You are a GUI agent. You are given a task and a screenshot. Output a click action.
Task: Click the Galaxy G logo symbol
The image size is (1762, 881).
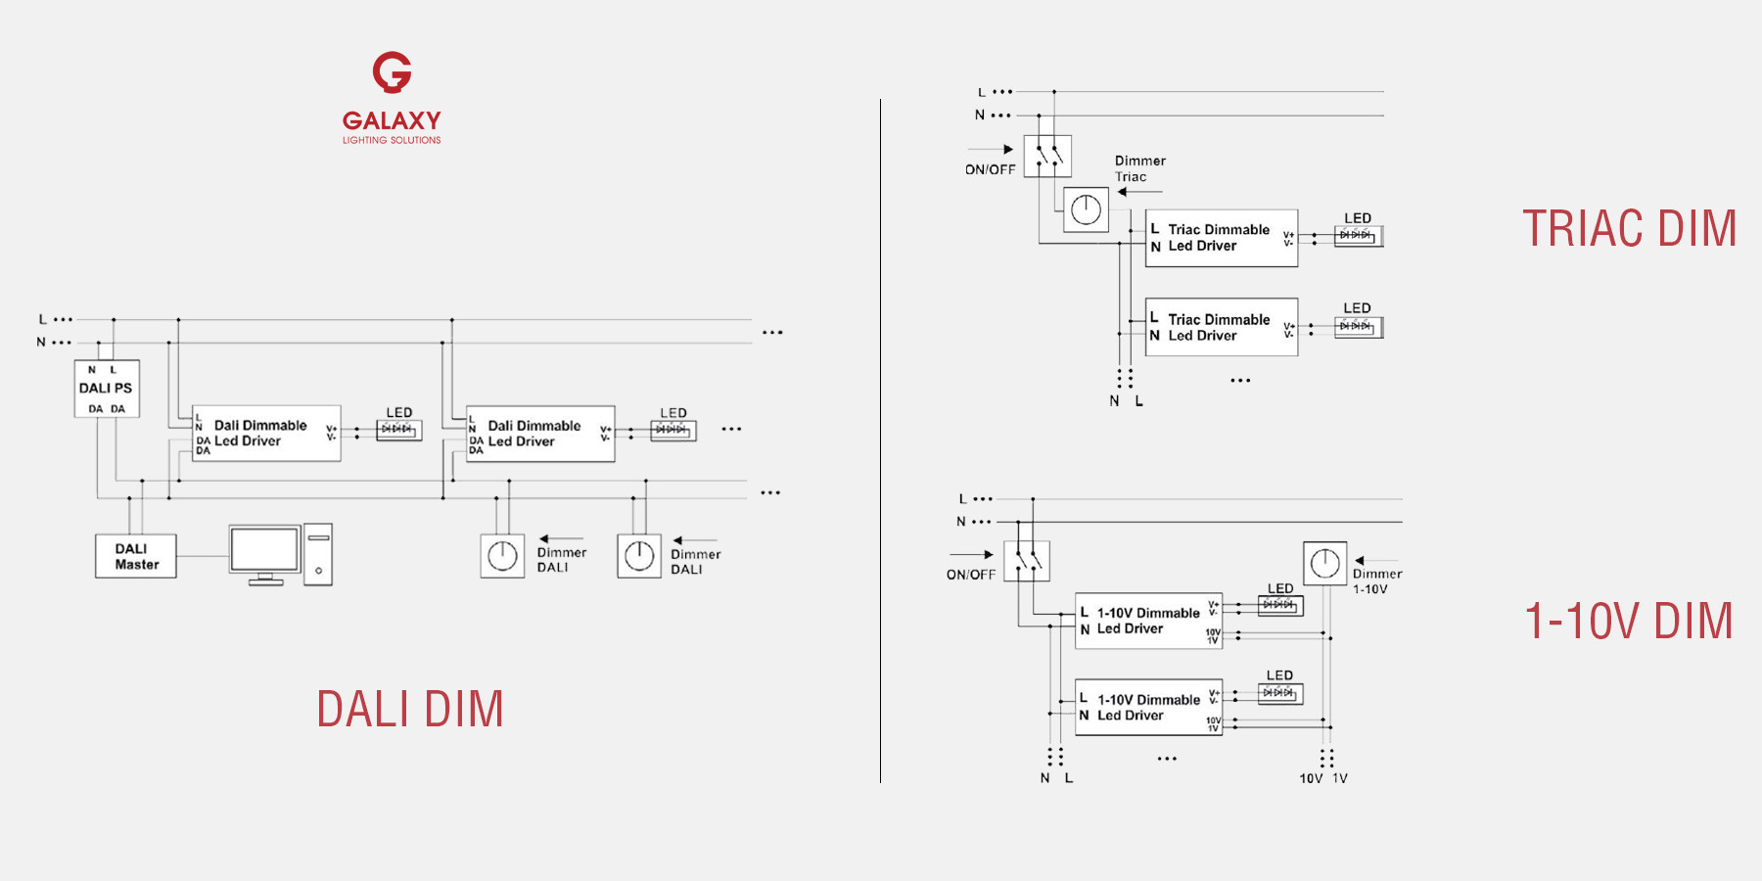392,72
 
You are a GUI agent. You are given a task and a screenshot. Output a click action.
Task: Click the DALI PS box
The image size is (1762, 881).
107,389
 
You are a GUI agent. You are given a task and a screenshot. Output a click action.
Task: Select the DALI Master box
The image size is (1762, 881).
136,556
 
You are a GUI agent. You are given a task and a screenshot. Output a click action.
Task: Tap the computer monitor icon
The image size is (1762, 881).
264,553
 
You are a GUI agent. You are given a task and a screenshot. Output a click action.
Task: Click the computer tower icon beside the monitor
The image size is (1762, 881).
318,555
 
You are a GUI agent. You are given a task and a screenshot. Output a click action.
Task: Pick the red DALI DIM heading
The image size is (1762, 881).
410,709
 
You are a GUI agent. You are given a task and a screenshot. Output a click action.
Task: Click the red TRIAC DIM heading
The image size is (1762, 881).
1629,229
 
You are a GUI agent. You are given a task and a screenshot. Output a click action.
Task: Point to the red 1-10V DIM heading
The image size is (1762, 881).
1629,622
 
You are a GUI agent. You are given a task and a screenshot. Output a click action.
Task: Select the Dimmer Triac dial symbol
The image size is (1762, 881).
1086,209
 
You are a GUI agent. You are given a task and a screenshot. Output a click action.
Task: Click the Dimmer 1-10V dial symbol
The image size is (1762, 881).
1324,564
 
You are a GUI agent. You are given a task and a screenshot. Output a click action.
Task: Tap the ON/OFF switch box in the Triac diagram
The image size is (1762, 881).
1047,156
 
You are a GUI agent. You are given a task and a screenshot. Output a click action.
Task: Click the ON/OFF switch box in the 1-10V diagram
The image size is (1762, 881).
1027,561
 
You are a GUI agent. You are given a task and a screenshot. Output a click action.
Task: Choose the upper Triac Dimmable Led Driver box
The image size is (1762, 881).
1222,238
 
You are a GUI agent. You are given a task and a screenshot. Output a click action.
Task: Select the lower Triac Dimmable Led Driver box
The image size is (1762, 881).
1222,327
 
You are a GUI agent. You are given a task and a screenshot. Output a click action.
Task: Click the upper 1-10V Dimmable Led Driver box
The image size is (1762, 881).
1148,621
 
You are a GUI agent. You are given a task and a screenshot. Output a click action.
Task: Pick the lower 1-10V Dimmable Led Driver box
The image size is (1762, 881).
1148,707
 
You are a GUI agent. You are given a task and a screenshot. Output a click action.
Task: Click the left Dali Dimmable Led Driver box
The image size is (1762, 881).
266,433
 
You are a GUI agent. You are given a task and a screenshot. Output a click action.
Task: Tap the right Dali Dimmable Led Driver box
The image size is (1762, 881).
540,434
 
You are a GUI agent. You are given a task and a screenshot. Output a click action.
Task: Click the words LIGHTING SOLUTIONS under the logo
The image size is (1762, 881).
392,140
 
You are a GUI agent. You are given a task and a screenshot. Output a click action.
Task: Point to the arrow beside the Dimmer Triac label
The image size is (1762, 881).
1139,192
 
